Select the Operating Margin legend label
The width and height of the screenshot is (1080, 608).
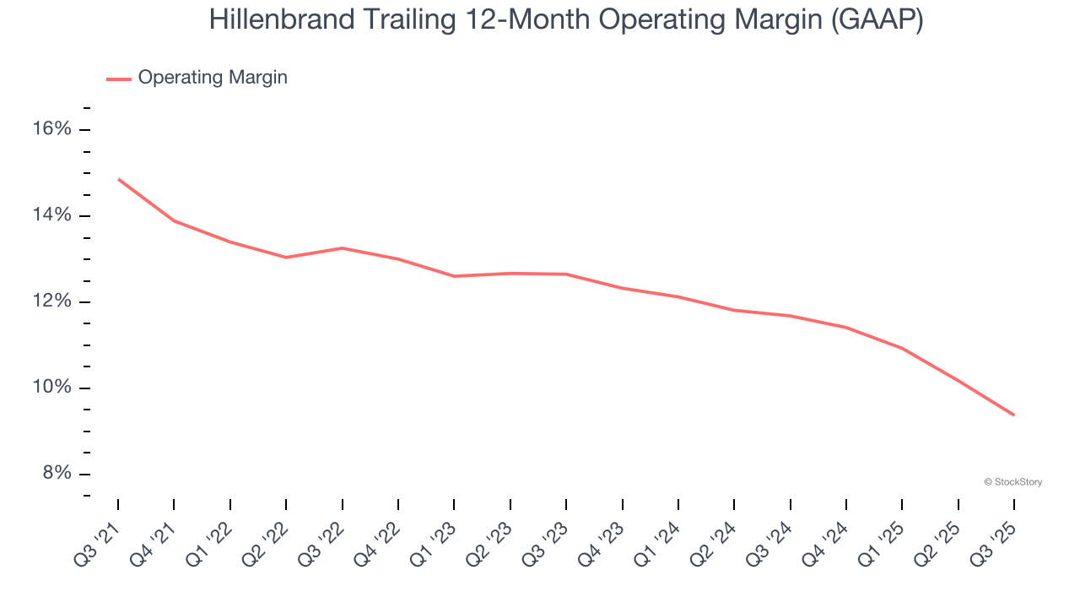tap(213, 78)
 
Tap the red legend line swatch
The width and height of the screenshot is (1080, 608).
tap(119, 79)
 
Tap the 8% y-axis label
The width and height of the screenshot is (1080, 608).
tap(57, 474)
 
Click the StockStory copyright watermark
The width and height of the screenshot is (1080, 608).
tap(1012, 482)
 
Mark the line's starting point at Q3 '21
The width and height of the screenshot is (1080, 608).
tap(118, 179)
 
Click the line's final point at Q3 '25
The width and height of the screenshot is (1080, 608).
tap(1014, 415)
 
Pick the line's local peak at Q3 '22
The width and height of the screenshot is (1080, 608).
tap(342, 247)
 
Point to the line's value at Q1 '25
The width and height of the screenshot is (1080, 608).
tap(902, 348)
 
